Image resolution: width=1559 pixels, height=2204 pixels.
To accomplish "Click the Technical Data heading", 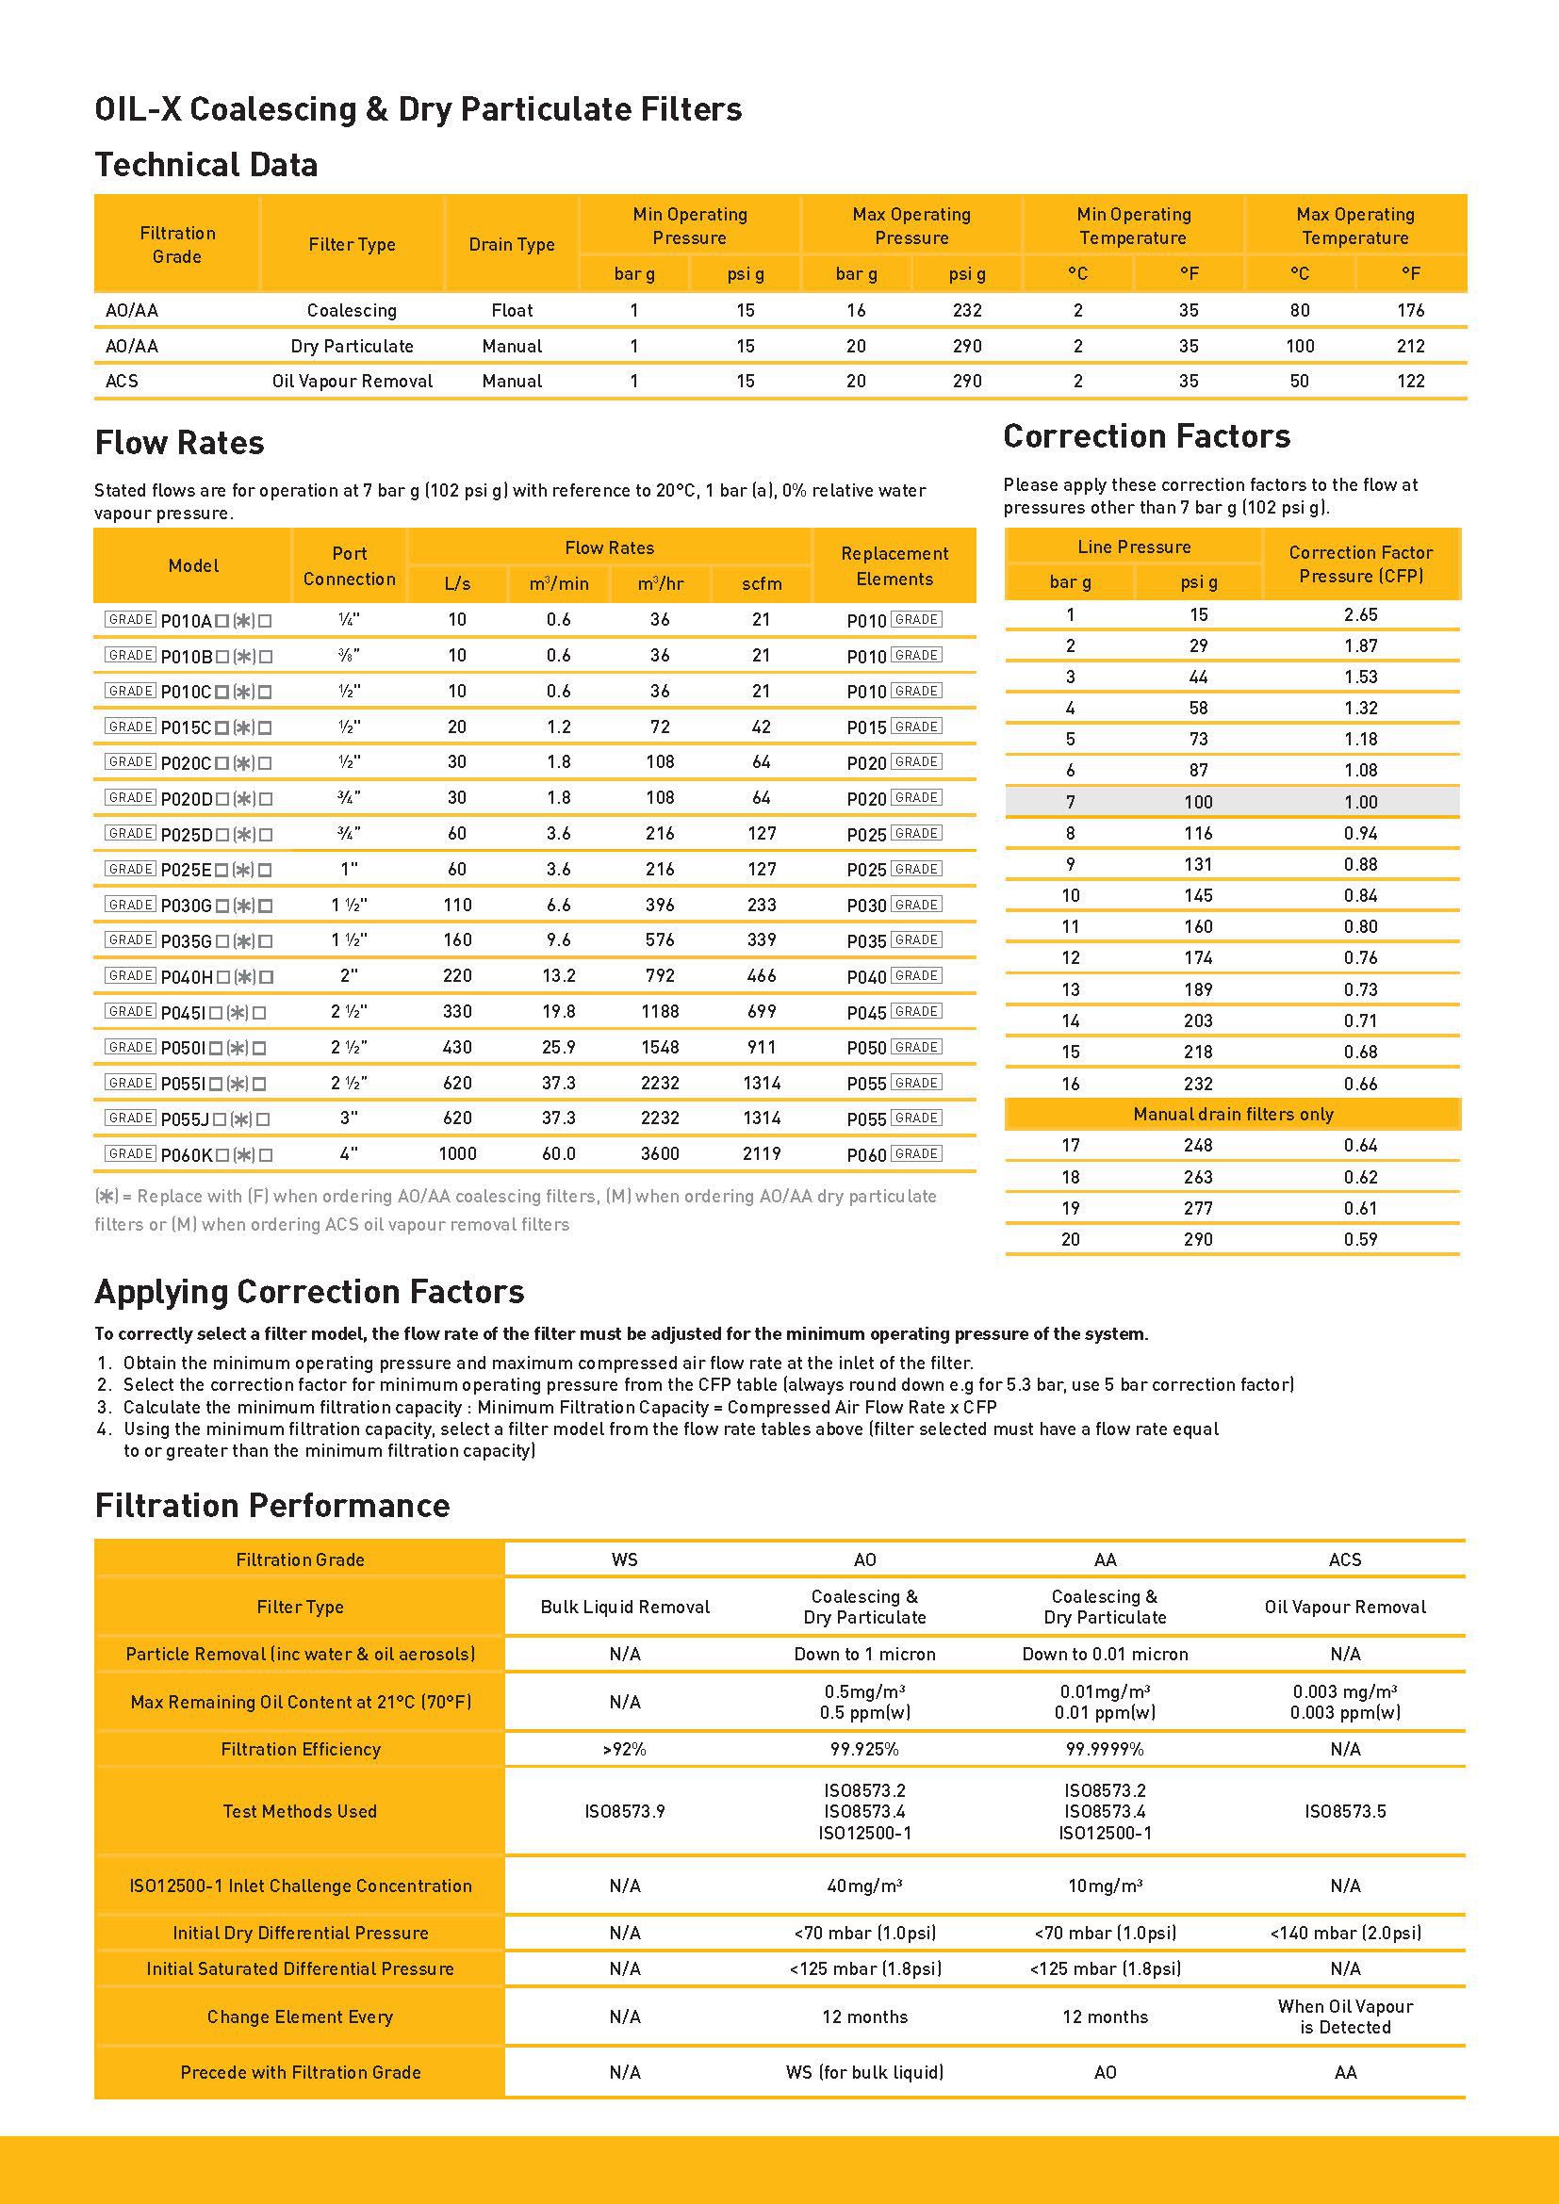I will point(205,165).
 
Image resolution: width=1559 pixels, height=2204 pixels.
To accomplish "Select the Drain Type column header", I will point(512,245).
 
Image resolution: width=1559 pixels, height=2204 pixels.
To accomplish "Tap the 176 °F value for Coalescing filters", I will point(1410,310).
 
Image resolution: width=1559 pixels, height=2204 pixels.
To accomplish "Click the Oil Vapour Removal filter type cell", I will point(353,381).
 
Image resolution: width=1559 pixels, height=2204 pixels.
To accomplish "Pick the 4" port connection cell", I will point(349,1154).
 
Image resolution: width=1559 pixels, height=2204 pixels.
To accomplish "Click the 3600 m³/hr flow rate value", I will point(660,1154).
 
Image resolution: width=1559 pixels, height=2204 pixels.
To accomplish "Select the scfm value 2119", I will point(762,1154).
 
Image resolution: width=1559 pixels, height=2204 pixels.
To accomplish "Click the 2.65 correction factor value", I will point(1360,614).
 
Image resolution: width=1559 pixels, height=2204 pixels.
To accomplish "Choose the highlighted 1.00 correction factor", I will point(1360,802).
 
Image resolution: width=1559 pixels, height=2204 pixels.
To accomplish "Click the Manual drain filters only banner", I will point(1233,1115).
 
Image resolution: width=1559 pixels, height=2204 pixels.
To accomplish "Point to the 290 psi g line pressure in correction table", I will point(1198,1239).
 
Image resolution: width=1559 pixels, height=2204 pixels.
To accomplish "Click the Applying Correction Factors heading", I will point(309,1292).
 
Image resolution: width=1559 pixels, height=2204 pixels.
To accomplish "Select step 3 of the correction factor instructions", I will point(560,1407).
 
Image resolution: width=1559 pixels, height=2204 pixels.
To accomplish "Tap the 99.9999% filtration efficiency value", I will point(1105,1749).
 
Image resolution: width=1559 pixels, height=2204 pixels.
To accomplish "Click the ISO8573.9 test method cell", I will point(625,1811).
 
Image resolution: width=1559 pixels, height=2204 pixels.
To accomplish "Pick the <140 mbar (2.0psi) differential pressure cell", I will point(1345,1933).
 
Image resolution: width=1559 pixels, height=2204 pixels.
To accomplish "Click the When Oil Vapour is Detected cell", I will point(1345,2016).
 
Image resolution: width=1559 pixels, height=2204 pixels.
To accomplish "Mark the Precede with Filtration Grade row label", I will point(301,2071).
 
